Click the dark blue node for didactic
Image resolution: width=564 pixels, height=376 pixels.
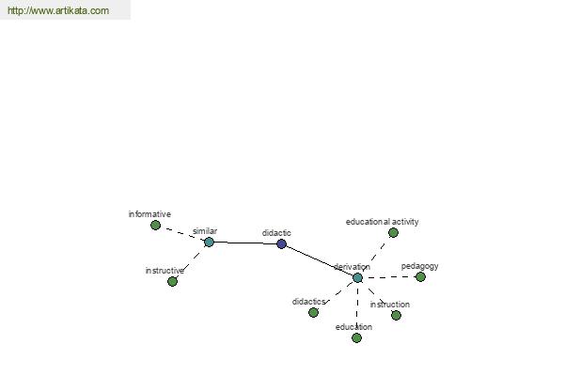tap(281, 244)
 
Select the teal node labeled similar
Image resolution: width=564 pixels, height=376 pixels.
tap(209, 243)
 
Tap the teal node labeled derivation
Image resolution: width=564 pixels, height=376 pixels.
tap(357, 278)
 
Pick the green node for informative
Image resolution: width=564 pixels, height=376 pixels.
tap(155, 226)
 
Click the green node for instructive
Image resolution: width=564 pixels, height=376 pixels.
tap(172, 281)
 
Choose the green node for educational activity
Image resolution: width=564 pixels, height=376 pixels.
tap(393, 233)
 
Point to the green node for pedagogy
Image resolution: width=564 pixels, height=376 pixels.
tap(420, 276)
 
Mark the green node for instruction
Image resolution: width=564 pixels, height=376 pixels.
tap(396, 315)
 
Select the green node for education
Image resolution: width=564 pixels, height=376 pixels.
tap(356, 337)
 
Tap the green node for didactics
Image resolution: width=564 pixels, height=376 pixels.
tap(313, 312)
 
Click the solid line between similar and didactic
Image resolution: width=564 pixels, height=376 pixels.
tap(245, 243)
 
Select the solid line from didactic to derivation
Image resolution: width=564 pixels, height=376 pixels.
tap(320, 261)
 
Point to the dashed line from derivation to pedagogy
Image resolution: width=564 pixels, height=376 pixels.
tap(389, 277)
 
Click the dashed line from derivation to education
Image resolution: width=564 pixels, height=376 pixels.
tap(357, 307)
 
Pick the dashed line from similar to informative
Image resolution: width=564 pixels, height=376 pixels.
tap(182, 234)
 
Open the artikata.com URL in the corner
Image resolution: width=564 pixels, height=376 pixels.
tap(58, 10)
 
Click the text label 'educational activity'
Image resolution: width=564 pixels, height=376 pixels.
tap(382, 222)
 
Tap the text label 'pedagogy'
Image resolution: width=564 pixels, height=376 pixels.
tap(420, 266)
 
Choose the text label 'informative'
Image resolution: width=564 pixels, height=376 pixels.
tap(149, 214)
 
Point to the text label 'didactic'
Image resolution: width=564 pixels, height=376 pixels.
tap(276, 233)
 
